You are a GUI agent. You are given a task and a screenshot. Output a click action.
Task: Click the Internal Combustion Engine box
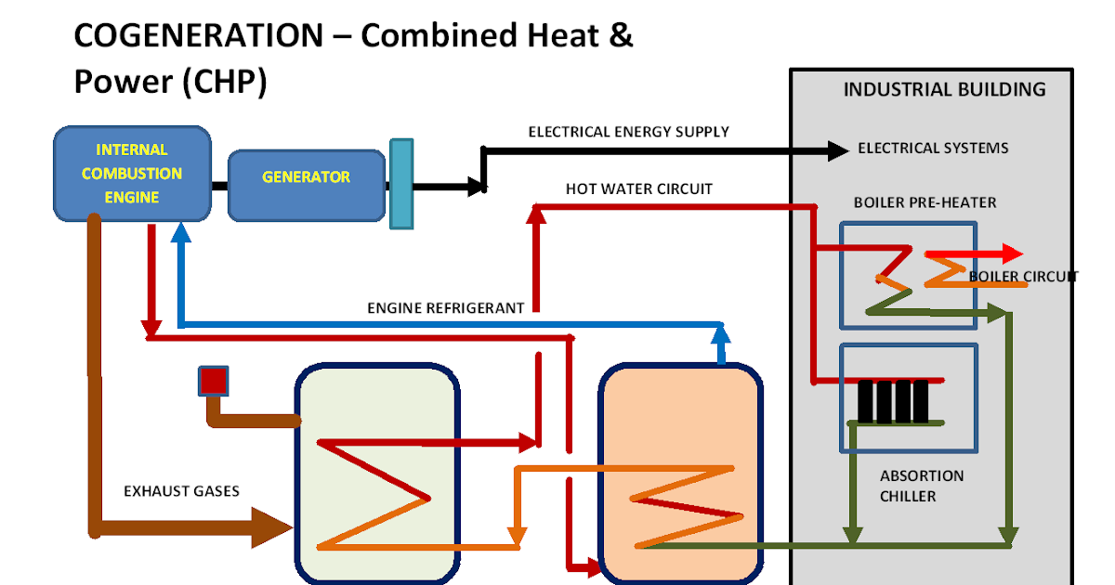[132, 174]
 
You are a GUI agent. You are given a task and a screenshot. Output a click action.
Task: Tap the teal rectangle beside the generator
[400, 184]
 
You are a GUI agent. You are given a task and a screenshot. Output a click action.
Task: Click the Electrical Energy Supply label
[628, 132]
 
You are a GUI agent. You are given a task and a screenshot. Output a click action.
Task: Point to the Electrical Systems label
[932, 149]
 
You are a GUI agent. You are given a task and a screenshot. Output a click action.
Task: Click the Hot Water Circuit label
[638, 188]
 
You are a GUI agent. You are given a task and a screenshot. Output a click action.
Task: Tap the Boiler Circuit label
[1022, 276]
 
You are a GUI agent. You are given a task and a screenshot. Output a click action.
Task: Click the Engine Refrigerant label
[445, 307]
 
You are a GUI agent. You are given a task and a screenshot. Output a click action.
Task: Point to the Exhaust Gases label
[181, 490]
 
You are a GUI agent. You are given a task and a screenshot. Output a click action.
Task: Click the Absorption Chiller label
[921, 486]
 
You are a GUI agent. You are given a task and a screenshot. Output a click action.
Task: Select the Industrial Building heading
[944, 90]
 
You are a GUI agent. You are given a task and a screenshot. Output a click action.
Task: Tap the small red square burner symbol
[214, 381]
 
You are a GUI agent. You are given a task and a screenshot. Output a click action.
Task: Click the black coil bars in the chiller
[892, 401]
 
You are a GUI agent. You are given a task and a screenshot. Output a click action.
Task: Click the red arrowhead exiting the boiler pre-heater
[1012, 253]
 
